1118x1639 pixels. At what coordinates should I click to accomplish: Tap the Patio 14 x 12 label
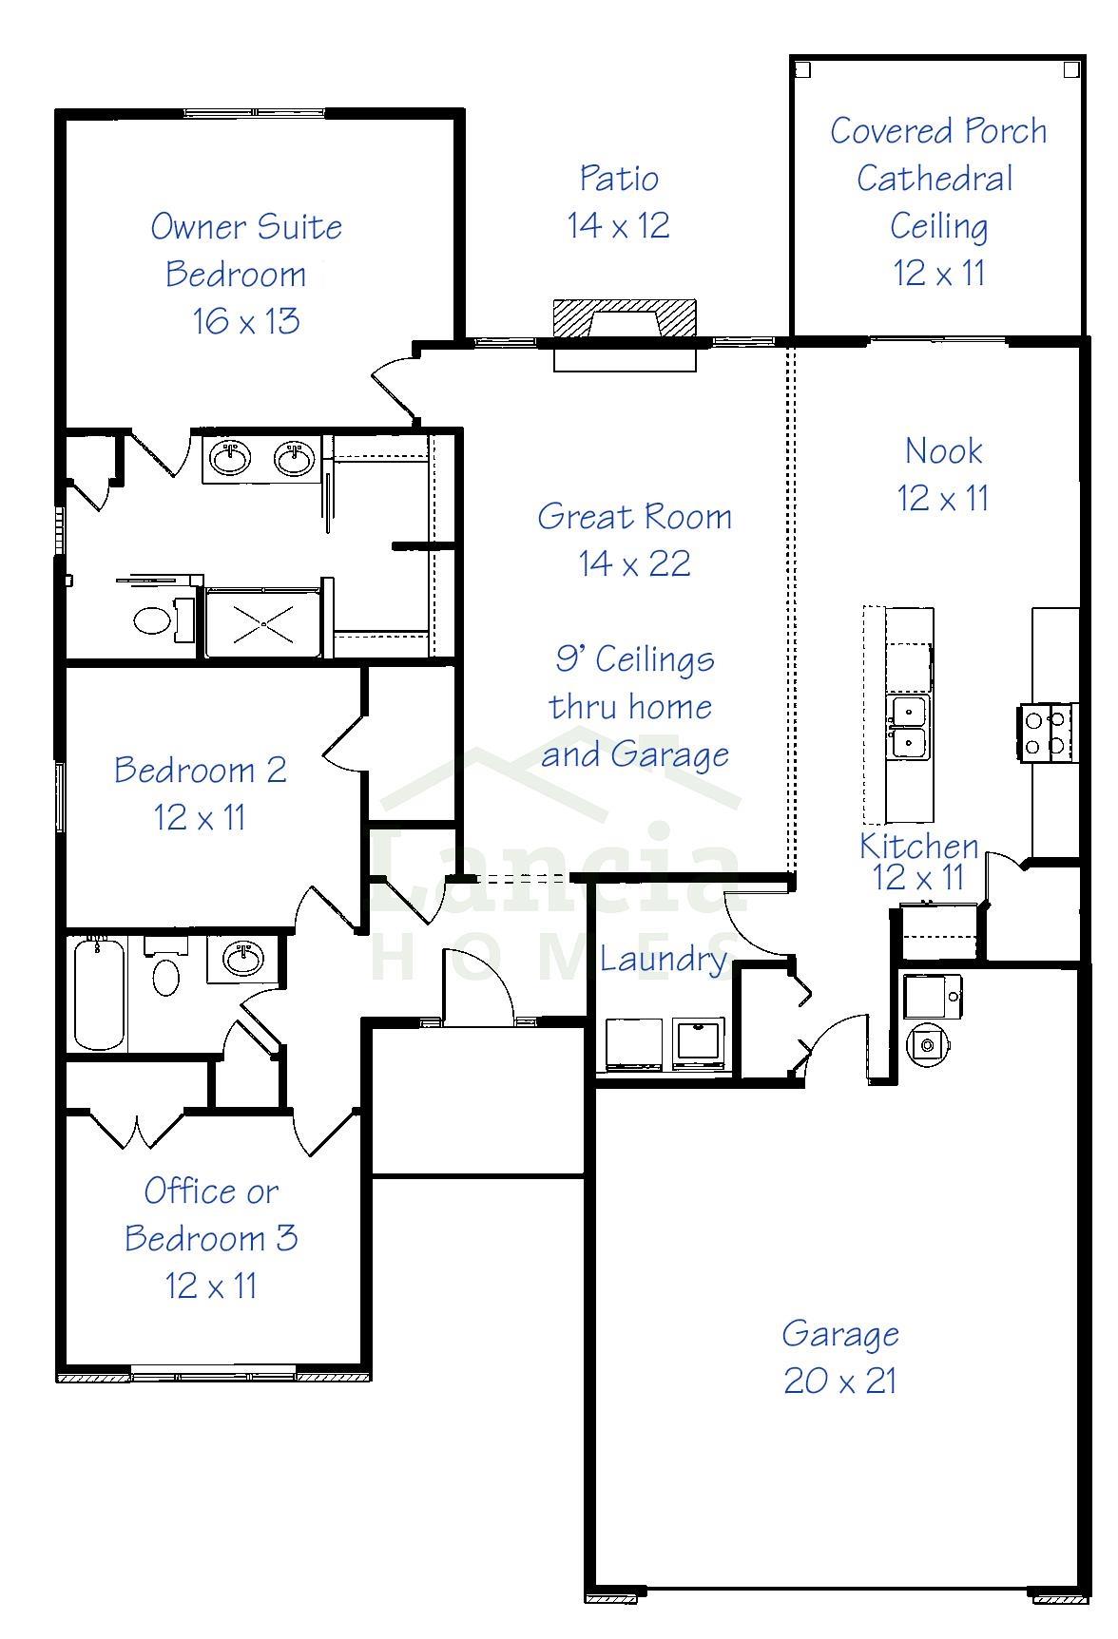tap(619, 201)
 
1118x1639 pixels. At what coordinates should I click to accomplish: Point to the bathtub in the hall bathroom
tap(98, 992)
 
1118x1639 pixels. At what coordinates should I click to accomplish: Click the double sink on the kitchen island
tap(909, 727)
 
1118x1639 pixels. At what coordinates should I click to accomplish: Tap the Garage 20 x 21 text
tap(840, 1357)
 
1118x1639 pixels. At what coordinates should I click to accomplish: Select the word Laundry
tap(662, 959)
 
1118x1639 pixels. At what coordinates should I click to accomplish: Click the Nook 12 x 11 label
tap(942, 473)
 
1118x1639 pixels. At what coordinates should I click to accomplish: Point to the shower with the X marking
tap(262, 624)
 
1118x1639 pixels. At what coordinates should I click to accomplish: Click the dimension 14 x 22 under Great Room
tap(634, 563)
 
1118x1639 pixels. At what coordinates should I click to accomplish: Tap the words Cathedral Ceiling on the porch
tap(936, 201)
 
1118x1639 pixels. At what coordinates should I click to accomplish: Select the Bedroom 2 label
tap(200, 792)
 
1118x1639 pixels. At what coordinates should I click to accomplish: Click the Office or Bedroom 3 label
tap(210, 1237)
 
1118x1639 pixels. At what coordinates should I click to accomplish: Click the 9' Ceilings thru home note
tap(633, 706)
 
